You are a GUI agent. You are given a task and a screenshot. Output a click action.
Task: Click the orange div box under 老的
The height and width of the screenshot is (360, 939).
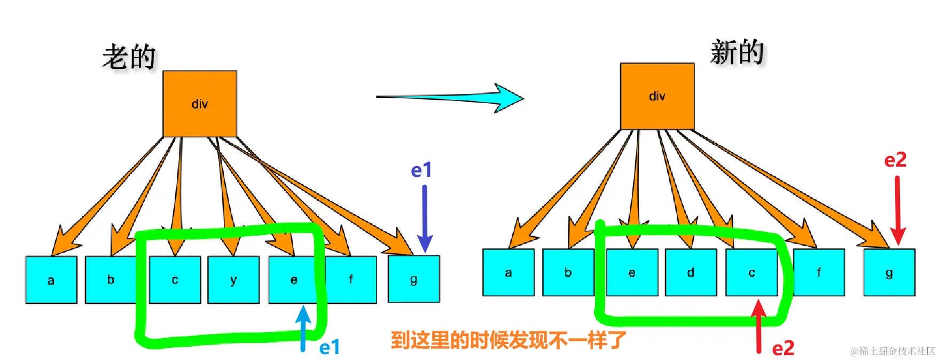[200, 104]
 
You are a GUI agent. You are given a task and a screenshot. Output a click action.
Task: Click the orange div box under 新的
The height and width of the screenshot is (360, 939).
[657, 96]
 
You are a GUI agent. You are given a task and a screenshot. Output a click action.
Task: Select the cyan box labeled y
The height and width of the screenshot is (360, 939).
[233, 279]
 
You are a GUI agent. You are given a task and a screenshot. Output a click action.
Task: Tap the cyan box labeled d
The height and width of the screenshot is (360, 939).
[691, 272]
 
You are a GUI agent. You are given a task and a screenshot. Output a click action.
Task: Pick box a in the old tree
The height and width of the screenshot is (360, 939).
[51, 280]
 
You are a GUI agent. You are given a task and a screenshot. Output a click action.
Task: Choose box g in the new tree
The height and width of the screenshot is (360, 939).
[889, 272]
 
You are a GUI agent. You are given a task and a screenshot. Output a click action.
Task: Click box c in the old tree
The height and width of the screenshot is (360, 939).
[175, 279]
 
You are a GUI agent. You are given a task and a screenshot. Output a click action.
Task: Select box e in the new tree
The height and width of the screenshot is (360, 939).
[632, 272]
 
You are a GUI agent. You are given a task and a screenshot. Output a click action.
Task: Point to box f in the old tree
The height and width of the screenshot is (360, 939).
[350, 279]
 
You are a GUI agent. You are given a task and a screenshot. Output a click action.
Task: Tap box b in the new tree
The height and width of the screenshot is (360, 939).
[568, 272]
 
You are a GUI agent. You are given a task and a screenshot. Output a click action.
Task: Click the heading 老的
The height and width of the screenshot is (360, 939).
[129, 57]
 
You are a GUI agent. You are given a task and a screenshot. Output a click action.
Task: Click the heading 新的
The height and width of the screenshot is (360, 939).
[737, 52]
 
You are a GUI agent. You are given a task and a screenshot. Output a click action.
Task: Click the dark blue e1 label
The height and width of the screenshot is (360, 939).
[421, 170]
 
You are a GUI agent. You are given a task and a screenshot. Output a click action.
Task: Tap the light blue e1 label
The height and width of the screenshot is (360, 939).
[330, 348]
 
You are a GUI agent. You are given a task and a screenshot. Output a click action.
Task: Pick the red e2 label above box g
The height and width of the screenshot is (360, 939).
[895, 160]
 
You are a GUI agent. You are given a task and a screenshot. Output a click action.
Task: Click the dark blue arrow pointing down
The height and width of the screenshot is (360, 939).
[425, 219]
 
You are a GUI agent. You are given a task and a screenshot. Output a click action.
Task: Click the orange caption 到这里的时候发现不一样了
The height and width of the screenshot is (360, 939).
[508, 340]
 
